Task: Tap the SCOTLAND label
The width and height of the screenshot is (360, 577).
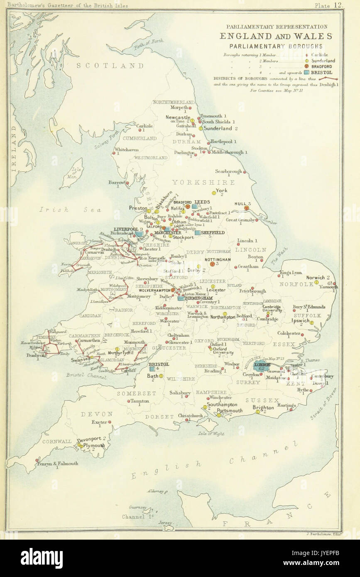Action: point(110,66)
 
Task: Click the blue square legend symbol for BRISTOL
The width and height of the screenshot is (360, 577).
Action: point(306,72)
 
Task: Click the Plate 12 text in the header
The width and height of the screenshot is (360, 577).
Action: point(329,5)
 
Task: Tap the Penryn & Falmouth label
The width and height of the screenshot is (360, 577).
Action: point(57,463)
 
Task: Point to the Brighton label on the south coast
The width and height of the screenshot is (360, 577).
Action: point(263,407)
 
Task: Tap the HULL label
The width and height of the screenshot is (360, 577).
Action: point(240,204)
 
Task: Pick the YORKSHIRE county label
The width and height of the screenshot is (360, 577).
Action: point(203,182)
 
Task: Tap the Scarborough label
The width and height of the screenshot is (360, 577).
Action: point(228,171)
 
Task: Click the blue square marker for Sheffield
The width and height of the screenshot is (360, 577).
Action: point(198,233)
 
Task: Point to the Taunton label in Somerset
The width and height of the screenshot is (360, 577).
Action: point(140,401)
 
